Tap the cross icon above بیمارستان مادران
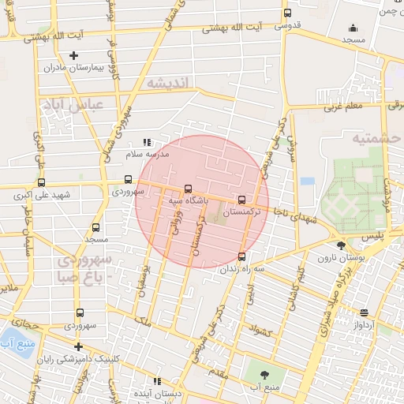point(74,55)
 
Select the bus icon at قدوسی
point(287,13)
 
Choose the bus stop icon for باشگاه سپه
point(188,189)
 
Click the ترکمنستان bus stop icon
point(241,200)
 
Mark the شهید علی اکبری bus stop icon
point(41,182)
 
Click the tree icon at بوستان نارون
point(342,245)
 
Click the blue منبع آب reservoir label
point(16,343)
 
